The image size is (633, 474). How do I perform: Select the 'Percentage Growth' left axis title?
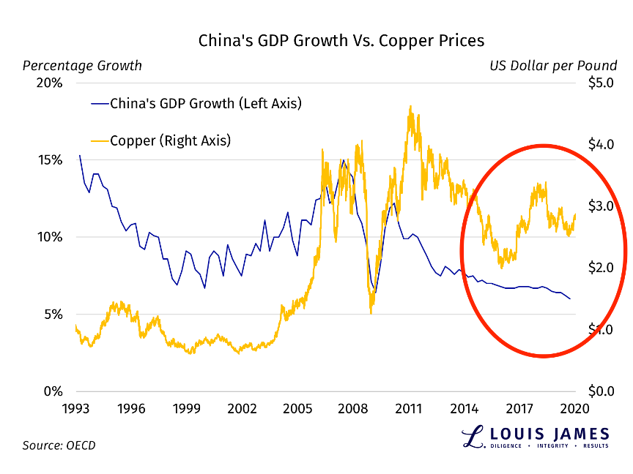82,66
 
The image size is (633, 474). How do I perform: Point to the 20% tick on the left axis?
50,83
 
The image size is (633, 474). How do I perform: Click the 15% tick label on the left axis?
50,160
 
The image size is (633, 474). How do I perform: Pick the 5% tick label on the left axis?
53,315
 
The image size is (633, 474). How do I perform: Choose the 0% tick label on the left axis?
53,391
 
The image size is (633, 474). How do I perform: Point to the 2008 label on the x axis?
353,408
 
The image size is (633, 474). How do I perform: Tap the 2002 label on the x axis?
242,408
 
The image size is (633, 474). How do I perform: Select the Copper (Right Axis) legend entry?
170,140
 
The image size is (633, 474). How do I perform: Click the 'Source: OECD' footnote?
59,445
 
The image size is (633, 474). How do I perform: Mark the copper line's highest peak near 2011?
410,107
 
